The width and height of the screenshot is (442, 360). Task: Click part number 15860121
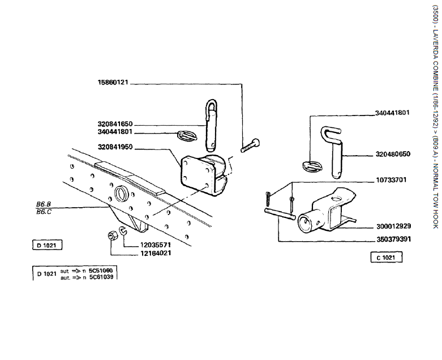click(113, 82)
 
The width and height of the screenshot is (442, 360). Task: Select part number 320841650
click(115, 124)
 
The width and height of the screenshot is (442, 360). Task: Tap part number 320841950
click(115, 147)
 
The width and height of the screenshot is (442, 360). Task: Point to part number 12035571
click(155, 245)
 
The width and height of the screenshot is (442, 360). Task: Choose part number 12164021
click(156, 253)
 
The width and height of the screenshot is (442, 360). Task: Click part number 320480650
click(393, 154)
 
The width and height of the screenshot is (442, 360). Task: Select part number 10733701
click(391, 180)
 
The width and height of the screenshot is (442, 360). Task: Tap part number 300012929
click(394, 226)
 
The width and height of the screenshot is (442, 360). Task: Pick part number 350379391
click(394, 239)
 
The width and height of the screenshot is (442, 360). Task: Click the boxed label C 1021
click(386, 258)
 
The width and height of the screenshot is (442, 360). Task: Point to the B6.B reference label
click(44, 204)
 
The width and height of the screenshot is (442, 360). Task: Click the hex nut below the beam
click(113, 235)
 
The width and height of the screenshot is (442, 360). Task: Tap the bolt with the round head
click(250, 145)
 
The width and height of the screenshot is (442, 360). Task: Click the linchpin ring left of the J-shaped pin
click(312, 166)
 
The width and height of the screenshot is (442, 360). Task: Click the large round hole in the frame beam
click(122, 194)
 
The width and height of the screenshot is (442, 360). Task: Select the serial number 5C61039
click(101, 277)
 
